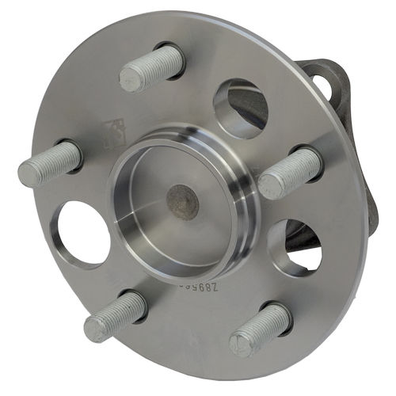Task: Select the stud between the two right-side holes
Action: coord(289,173)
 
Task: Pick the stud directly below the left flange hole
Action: coord(116,315)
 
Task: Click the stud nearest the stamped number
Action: coord(261,329)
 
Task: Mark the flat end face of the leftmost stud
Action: coord(29,172)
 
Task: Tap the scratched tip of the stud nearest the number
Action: coord(242,344)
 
